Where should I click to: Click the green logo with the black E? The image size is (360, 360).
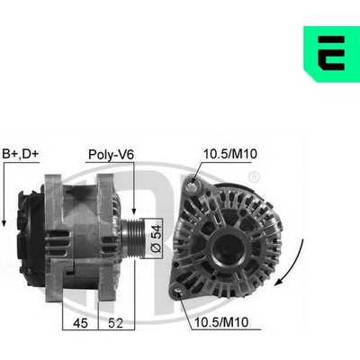point(331,54)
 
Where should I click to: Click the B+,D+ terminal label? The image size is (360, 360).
point(21,154)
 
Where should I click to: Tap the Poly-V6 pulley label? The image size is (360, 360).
point(111,155)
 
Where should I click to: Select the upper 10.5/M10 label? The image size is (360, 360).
point(230,154)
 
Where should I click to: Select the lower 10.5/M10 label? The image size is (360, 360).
point(221,322)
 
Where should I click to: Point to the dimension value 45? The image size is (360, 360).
point(80,323)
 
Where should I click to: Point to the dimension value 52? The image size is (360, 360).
point(115,323)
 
